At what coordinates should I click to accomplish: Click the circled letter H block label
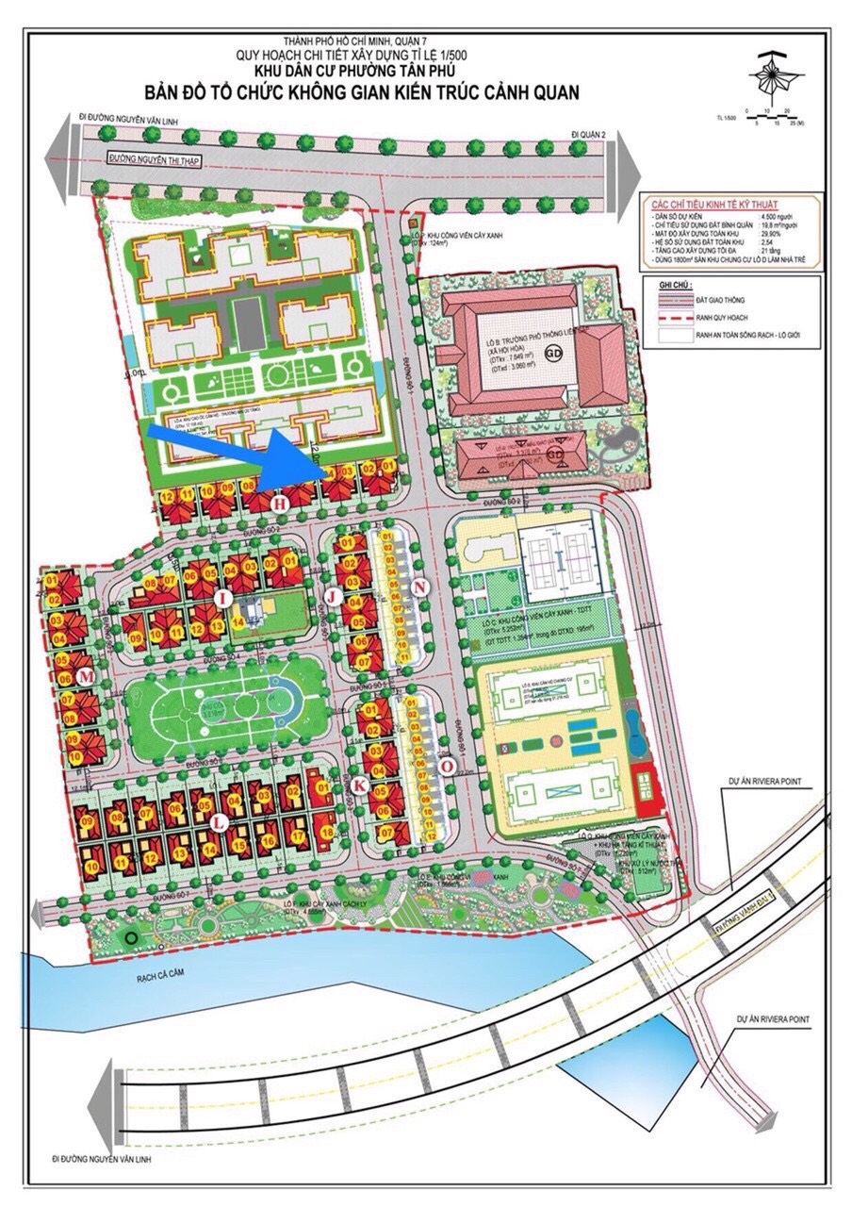click(278, 505)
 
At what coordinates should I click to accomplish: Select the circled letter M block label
click(86, 676)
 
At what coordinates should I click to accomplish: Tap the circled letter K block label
click(358, 785)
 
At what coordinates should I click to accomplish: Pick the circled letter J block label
click(332, 597)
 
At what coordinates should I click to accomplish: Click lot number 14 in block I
click(218, 627)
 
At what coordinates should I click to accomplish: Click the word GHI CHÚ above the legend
click(677, 282)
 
